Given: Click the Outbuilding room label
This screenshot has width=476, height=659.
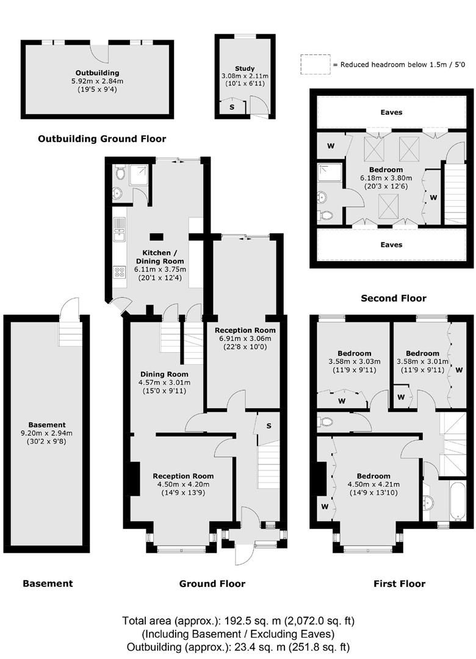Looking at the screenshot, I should click(x=97, y=73).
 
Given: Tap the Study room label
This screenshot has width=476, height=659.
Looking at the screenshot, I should click(x=245, y=68).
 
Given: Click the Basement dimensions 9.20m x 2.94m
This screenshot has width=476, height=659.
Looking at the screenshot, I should click(x=46, y=433).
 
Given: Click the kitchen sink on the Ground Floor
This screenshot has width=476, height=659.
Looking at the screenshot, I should click(x=118, y=227).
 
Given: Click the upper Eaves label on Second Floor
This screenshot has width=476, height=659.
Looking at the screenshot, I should click(x=391, y=112).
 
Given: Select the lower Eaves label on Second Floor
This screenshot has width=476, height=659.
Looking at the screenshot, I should click(x=391, y=245).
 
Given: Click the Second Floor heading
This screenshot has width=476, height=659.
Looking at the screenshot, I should click(x=393, y=298).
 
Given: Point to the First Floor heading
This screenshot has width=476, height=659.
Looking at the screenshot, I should click(x=399, y=584).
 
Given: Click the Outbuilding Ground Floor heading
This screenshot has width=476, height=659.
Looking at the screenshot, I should click(x=102, y=139).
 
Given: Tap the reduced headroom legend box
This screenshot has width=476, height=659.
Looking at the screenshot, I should click(x=314, y=64).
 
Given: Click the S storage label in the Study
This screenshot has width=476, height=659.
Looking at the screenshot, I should click(x=231, y=107).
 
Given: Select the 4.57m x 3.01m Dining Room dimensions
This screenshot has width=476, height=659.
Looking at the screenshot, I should click(x=164, y=383).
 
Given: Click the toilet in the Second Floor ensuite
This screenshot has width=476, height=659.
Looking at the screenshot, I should click(x=326, y=215).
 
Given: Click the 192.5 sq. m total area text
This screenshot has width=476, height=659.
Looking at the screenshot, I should click(x=238, y=621).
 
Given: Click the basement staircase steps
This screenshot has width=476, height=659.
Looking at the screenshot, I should click(x=68, y=333).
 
